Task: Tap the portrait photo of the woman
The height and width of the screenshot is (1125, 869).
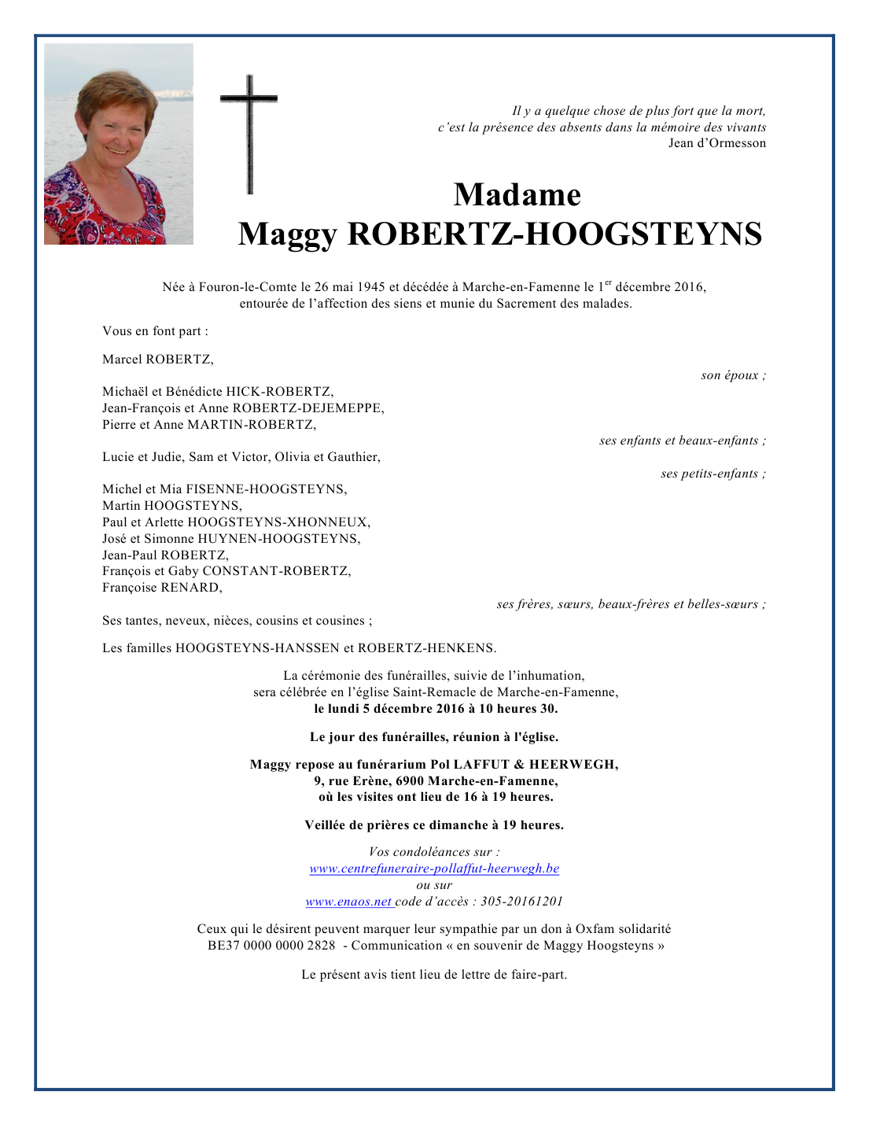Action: click(118, 144)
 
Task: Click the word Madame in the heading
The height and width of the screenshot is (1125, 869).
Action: click(517, 195)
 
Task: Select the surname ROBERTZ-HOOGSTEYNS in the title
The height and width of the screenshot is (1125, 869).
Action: click(554, 234)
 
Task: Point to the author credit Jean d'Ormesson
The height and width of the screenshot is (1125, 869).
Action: click(716, 143)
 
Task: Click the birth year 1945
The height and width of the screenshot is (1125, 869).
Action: click(370, 287)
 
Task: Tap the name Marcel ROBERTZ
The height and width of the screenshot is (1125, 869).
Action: click(157, 360)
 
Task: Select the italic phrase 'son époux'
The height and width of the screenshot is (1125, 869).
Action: click(732, 375)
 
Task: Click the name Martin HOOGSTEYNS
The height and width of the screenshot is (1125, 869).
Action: click(171, 506)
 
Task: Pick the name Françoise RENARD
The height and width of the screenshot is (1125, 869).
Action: click(162, 588)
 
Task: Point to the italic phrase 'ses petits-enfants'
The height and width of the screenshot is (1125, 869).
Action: click(712, 474)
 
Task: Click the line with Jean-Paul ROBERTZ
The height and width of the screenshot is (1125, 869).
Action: click(165, 555)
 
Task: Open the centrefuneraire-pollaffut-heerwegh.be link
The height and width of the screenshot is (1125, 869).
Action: click(434, 869)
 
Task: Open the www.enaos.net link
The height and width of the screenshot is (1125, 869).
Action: click(348, 902)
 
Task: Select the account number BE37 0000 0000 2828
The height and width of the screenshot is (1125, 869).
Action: click(271, 946)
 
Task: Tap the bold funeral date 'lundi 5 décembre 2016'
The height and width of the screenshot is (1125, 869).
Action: click(396, 709)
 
